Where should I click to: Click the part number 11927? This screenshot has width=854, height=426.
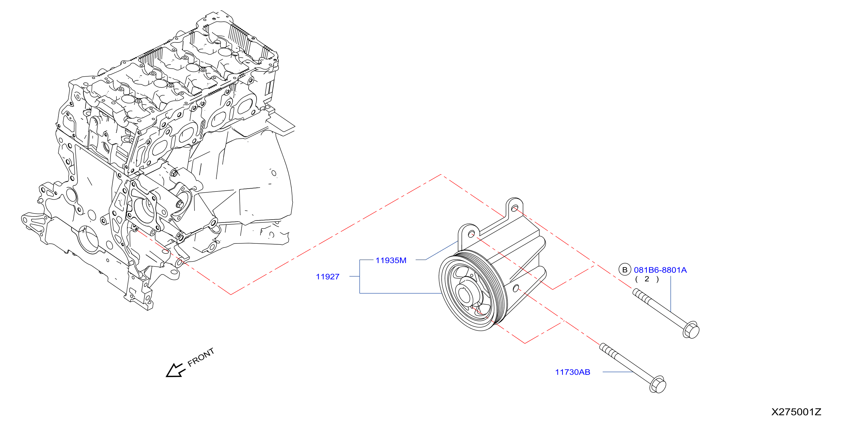pyautogui.click(x=328, y=277)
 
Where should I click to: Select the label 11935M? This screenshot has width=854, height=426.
pyautogui.click(x=391, y=260)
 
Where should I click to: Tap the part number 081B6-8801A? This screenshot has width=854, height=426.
pyautogui.click(x=660, y=270)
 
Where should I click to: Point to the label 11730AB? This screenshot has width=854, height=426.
pyautogui.click(x=572, y=372)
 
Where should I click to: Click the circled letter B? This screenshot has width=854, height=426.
pyautogui.click(x=625, y=270)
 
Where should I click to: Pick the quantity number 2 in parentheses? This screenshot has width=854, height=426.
pyautogui.click(x=647, y=279)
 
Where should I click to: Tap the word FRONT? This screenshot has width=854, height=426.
pyautogui.click(x=201, y=357)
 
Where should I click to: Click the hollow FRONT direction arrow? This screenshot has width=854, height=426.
pyautogui.click(x=175, y=370)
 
